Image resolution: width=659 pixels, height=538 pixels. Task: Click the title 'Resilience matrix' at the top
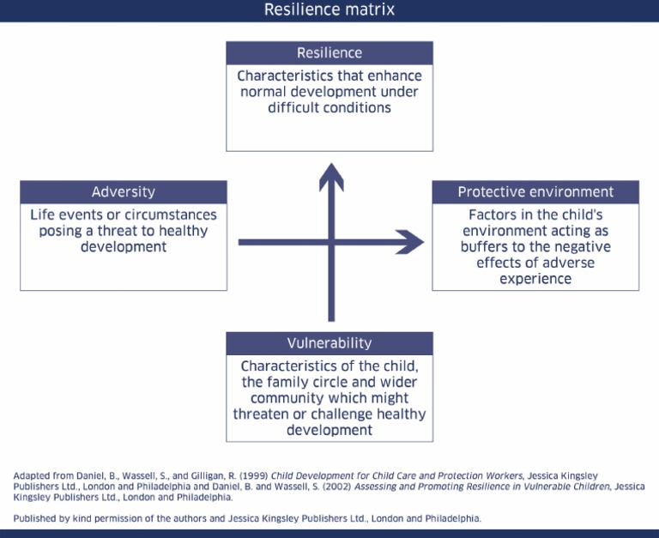[329, 10]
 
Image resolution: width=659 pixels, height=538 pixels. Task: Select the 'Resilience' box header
[329, 53]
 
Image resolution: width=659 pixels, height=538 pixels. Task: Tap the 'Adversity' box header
[124, 192]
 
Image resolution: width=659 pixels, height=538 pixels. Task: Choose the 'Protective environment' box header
[535, 192]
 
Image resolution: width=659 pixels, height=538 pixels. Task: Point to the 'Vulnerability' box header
[329, 343]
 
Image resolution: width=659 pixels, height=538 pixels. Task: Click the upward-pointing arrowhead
[331, 177]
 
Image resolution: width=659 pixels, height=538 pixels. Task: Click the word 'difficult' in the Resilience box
[297, 108]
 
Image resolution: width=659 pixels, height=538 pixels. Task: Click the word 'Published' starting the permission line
[34, 518]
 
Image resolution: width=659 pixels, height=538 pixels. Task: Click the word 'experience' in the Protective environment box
[535, 279]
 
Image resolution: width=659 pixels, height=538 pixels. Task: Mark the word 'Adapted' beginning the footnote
[31, 475]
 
